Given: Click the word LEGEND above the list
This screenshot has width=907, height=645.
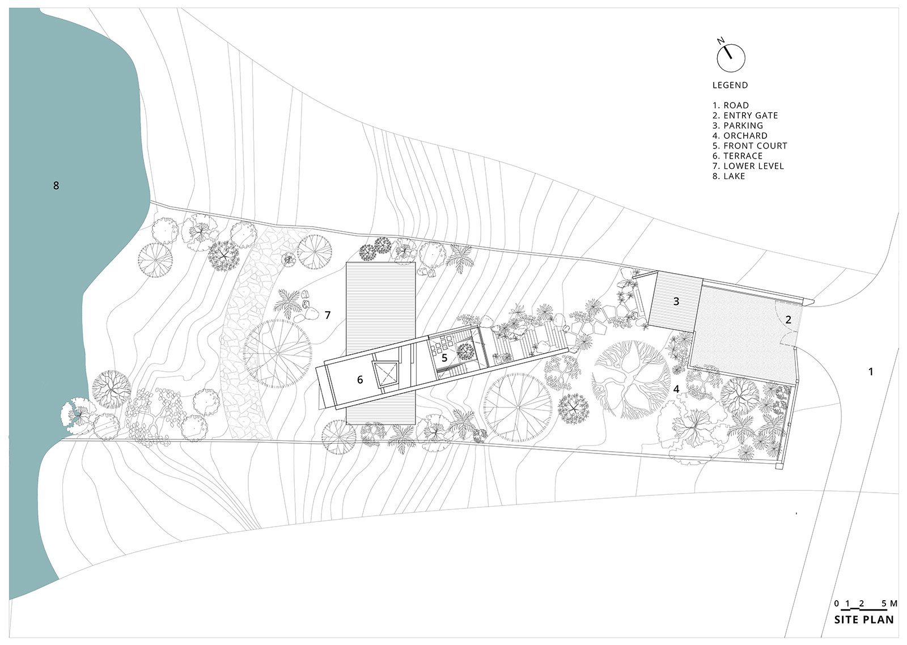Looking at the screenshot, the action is pos(730,86).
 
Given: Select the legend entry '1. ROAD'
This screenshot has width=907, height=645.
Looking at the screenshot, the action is pos(731,105).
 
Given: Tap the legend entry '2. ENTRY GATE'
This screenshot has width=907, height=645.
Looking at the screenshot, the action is pos(745,116).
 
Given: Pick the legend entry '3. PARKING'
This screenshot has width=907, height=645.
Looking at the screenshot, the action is pos(738,125).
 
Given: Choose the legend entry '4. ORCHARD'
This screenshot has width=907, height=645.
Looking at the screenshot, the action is pos(740,135).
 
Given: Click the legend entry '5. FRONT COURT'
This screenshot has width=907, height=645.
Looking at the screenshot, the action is pos(750,146).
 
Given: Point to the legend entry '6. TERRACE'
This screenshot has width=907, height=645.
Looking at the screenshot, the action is pos(738,156).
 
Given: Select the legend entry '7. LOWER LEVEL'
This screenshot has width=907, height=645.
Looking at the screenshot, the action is pos(748,166).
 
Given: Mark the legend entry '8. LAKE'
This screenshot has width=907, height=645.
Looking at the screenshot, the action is pos(729,176).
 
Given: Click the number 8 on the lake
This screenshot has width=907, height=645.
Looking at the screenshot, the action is pos(56,185).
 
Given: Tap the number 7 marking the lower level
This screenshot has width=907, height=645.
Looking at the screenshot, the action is pos(328,315).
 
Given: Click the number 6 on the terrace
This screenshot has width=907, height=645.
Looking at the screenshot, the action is pos(360,379).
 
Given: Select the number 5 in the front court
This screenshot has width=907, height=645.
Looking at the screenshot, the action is pos(444,358).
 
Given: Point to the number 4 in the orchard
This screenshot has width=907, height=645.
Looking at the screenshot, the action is pos(676,389).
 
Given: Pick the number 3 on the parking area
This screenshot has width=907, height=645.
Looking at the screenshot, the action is pos(676,301).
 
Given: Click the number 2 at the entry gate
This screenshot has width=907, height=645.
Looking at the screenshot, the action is pos(788,320).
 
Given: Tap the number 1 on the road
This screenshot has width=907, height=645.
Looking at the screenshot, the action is pos(871,371).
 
